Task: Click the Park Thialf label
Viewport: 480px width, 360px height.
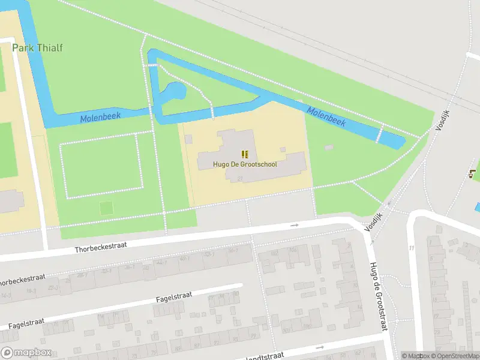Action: point(37,48)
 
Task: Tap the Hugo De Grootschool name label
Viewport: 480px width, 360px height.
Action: point(245,164)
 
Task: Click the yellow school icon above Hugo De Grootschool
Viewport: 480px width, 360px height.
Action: point(245,154)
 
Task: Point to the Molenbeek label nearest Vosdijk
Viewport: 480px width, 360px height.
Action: point(326,116)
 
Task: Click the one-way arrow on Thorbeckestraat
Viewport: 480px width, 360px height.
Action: point(294,225)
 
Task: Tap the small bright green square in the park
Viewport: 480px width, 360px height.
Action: point(106,208)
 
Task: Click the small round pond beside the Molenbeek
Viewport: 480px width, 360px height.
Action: point(176,91)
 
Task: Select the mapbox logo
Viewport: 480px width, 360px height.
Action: point(25,353)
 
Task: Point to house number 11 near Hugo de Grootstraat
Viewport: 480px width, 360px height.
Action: point(412,248)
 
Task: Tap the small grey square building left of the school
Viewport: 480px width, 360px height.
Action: point(188,139)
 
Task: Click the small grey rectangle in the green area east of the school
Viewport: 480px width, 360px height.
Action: point(328,148)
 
